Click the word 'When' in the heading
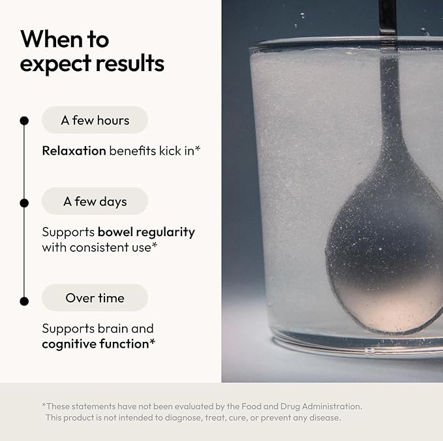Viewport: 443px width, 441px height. (x=52, y=39)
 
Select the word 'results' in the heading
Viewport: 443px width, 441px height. (x=130, y=63)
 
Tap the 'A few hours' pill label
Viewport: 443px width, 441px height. (x=95, y=120)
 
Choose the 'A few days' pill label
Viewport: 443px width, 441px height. (x=95, y=201)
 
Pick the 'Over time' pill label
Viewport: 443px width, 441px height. (x=95, y=297)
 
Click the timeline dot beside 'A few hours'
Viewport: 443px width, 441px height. (x=24, y=121)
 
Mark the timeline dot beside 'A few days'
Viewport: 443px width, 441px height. (x=24, y=203)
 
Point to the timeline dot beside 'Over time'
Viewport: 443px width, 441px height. (x=24, y=301)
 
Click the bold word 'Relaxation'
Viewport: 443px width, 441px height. (x=74, y=151)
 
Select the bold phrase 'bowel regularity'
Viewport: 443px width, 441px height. (x=146, y=232)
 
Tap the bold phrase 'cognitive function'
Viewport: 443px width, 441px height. (x=95, y=344)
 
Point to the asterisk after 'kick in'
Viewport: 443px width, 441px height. (x=198, y=148)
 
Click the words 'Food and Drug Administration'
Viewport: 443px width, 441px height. (x=301, y=406)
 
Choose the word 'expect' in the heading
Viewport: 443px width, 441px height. (x=55, y=64)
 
